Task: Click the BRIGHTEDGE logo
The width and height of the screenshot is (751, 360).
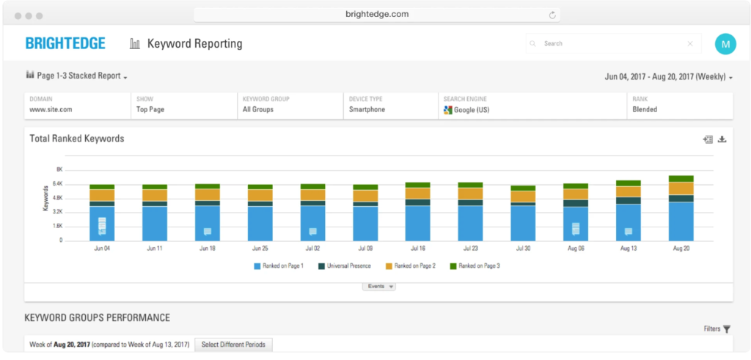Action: tap(65, 43)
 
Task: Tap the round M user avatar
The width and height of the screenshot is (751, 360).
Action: tap(725, 44)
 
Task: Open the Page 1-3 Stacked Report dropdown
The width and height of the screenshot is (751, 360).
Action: tap(77, 76)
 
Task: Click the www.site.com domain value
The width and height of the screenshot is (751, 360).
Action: tap(51, 110)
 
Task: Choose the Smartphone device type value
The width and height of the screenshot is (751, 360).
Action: tap(367, 110)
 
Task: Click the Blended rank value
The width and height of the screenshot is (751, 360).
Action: tap(645, 110)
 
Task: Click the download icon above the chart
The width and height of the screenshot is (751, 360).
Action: tap(722, 139)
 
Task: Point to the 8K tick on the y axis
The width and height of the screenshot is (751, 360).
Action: tap(59, 169)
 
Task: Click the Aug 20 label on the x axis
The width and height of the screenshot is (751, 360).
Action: tap(681, 249)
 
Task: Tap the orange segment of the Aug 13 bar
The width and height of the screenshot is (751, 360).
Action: tap(628, 191)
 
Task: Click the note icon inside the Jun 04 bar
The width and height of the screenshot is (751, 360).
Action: tap(102, 226)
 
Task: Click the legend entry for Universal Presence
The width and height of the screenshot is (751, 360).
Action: tap(344, 266)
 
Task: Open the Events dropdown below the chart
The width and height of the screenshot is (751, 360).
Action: tap(378, 287)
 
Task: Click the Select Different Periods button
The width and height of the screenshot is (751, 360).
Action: tap(233, 345)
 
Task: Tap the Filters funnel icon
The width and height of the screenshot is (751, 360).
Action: tap(727, 330)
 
